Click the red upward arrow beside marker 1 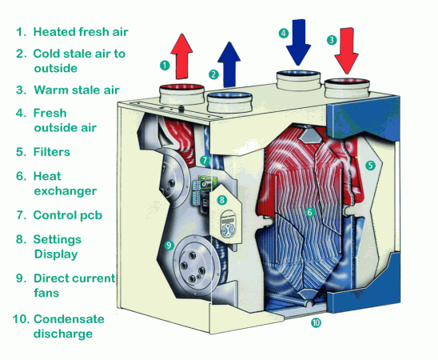[x=181, y=57]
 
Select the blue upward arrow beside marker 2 [x=229, y=65]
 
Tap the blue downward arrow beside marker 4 [x=298, y=42]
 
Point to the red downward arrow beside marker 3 [x=347, y=50]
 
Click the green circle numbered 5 [x=370, y=166]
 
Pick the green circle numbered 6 [x=309, y=212]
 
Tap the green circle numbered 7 [x=205, y=160]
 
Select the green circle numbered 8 [x=221, y=200]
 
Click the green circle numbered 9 [x=169, y=245]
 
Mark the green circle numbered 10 [x=316, y=323]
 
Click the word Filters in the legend [x=52, y=152]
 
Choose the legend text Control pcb [x=68, y=215]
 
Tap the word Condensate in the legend [x=69, y=319]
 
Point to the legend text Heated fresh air [x=81, y=32]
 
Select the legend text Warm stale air [x=77, y=90]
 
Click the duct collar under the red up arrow [x=182, y=94]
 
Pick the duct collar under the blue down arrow [x=298, y=81]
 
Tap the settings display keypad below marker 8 [x=228, y=225]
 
